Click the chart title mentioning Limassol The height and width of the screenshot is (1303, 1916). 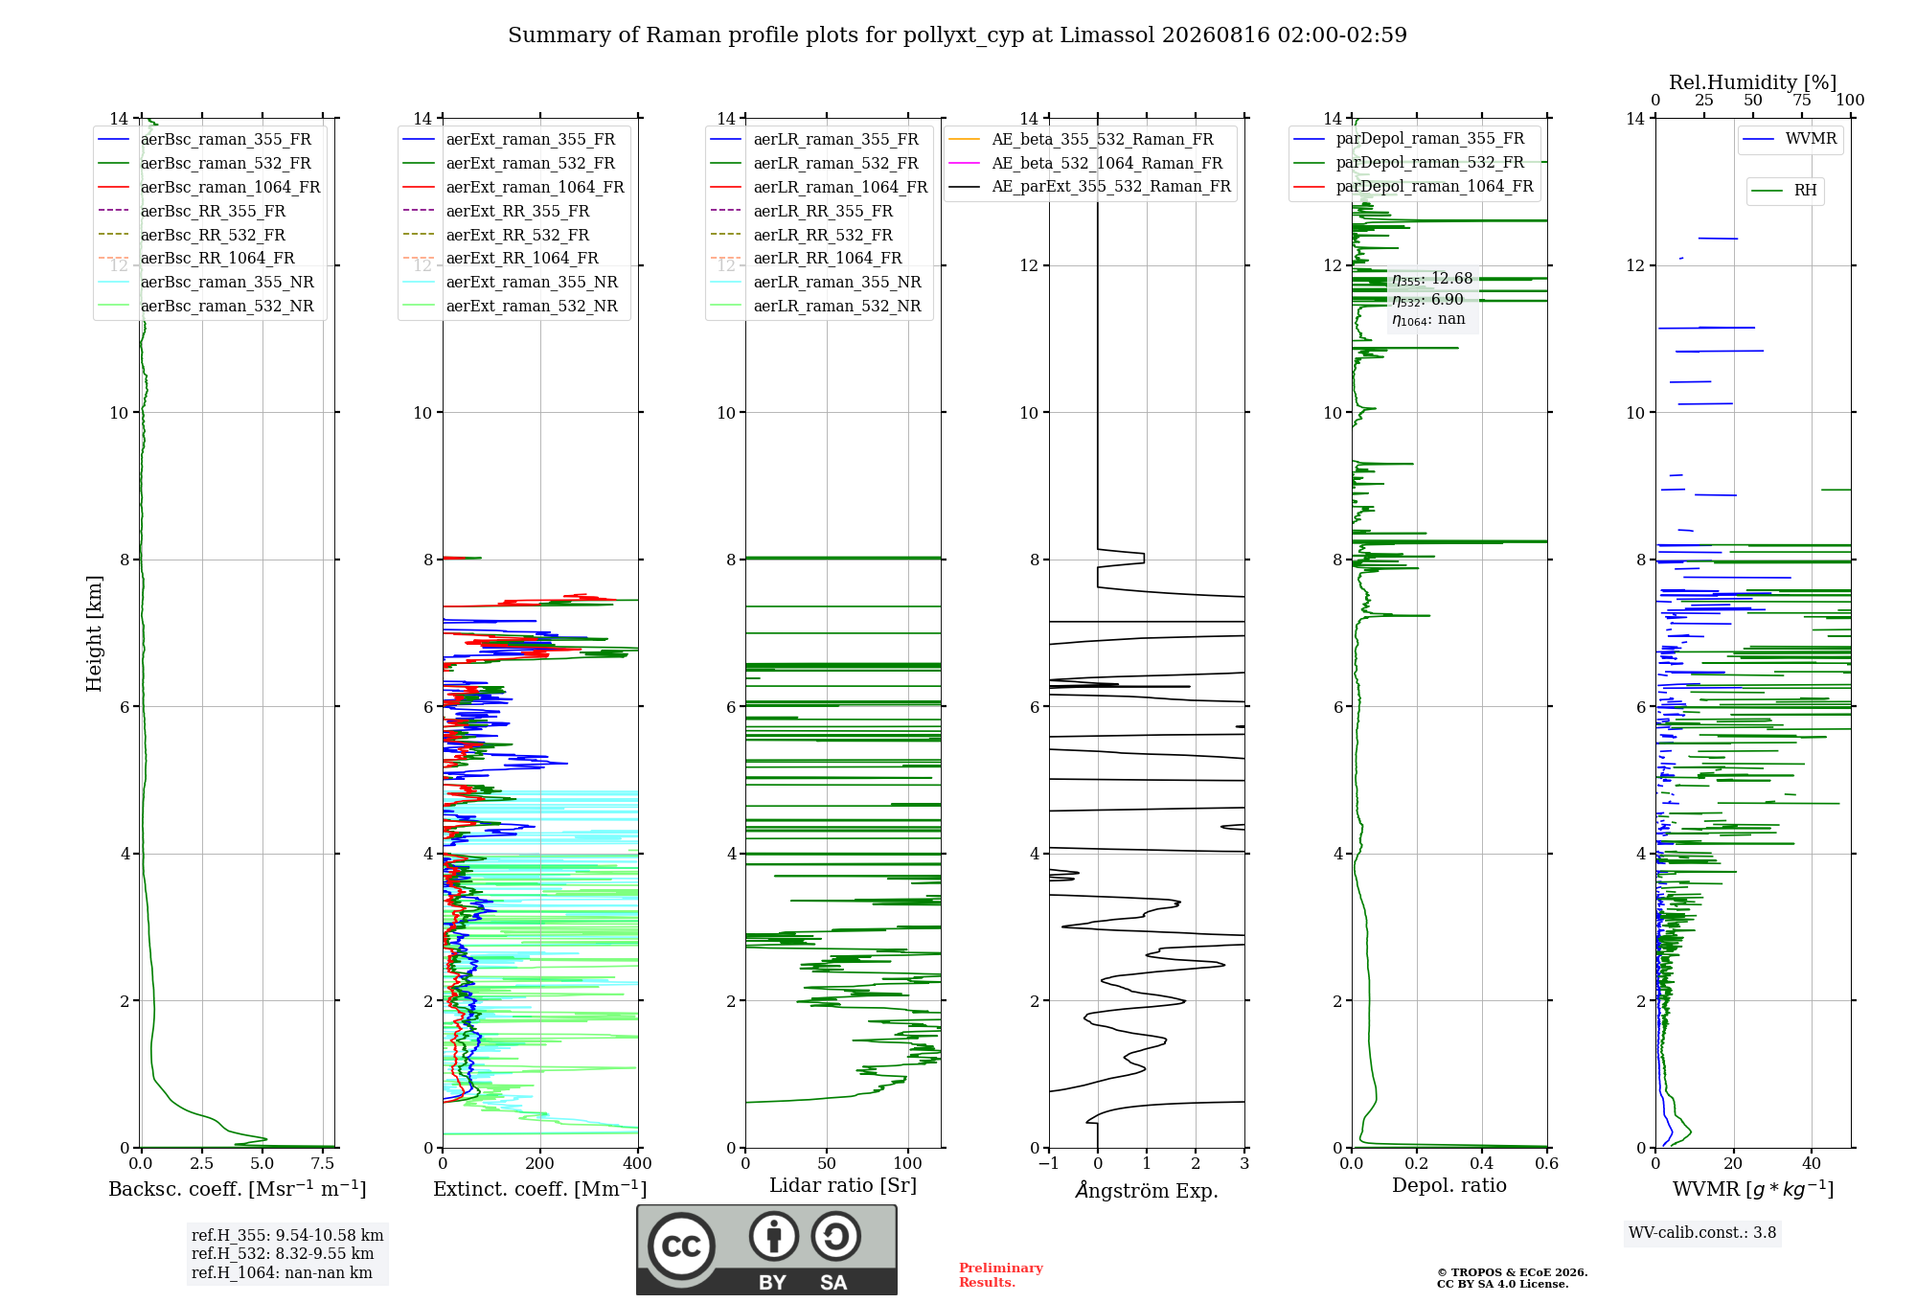coord(957,35)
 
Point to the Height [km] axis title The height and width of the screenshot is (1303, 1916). coord(94,633)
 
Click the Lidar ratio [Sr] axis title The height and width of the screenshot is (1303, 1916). coord(843,1186)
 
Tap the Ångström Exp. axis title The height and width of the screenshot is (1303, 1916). coord(1147,1190)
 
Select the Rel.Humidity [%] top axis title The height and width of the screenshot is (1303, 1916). coord(1753,82)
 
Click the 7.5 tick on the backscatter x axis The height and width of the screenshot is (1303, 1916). coord(323,1164)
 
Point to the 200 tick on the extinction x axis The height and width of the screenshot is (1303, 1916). coord(540,1164)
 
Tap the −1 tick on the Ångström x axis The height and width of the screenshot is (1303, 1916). coord(1048,1164)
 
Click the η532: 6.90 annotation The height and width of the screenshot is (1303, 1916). coord(1427,300)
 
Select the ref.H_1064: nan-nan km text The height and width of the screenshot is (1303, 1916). coord(282,1273)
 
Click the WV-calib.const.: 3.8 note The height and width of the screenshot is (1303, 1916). coord(1702,1233)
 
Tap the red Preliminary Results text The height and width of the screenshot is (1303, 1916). coord(1001,1275)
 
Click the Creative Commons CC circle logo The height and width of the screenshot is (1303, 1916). coord(681,1246)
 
